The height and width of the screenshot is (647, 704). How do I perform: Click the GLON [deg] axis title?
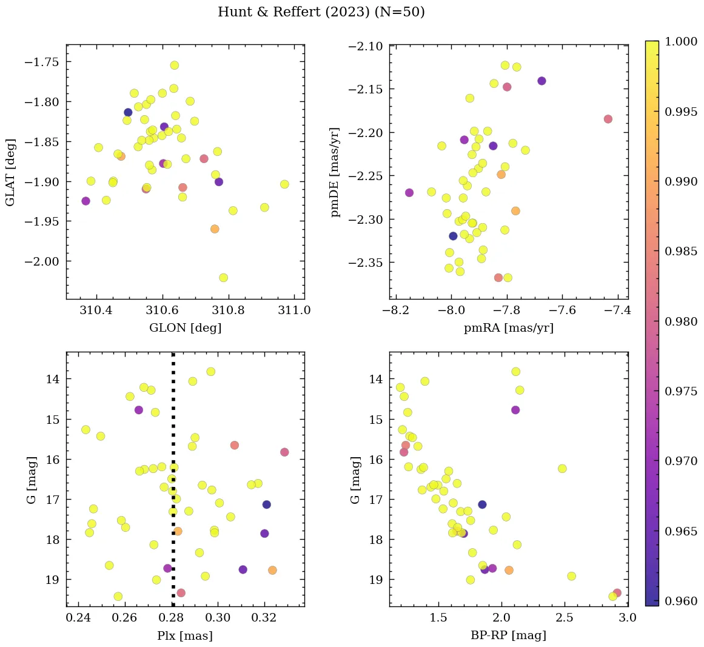click(x=185, y=328)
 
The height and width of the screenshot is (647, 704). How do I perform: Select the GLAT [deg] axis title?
click(x=10, y=172)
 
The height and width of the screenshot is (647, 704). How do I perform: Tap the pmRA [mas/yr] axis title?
click(x=508, y=328)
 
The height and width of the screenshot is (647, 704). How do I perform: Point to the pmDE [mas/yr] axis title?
click(x=335, y=172)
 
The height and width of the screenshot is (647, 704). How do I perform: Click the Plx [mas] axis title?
click(x=185, y=635)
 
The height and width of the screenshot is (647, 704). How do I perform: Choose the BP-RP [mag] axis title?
click(x=508, y=635)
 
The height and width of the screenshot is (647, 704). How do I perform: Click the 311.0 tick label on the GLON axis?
click(x=294, y=311)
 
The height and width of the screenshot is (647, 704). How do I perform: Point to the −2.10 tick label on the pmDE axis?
click(x=364, y=47)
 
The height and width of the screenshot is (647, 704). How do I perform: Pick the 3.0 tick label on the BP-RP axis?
click(x=628, y=619)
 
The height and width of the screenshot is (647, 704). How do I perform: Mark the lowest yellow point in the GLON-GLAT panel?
click(x=223, y=278)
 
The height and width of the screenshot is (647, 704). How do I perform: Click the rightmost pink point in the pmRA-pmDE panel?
click(x=608, y=119)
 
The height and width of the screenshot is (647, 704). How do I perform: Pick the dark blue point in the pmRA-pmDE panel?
click(x=453, y=236)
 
